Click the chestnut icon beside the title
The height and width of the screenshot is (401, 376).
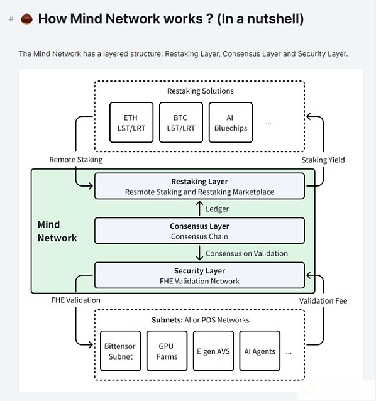(26, 19)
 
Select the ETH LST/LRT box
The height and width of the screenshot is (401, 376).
(131, 122)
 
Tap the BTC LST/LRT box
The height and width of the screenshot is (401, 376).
(181, 122)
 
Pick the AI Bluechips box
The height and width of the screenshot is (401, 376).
(231, 122)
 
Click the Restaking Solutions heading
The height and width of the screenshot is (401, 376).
(201, 91)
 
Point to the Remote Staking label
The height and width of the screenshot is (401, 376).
(76, 160)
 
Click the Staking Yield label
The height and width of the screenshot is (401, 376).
(323, 160)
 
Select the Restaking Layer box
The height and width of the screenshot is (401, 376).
(199, 186)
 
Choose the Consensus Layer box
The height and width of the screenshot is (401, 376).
(199, 231)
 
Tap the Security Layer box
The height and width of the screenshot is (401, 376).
(199, 275)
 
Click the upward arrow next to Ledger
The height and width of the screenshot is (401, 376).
(199, 208)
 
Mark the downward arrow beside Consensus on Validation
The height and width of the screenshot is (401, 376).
(199, 253)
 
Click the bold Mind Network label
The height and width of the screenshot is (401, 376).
(57, 231)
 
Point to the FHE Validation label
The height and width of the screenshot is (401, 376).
(75, 300)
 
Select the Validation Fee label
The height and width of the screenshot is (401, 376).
(323, 300)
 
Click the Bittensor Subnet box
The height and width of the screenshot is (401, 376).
(121, 351)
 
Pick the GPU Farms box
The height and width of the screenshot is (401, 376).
(167, 351)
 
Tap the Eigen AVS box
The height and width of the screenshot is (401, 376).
(213, 351)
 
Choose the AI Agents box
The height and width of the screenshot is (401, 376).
(260, 351)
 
